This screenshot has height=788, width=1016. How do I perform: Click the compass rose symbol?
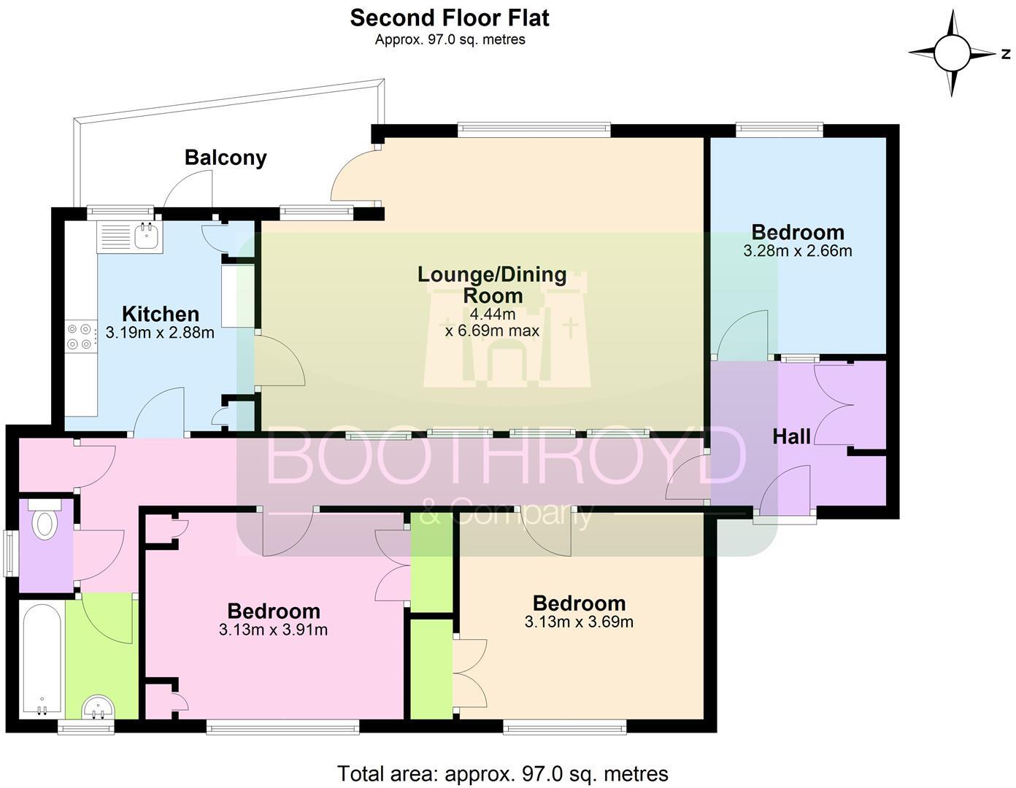pyautogui.click(x=952, y=53)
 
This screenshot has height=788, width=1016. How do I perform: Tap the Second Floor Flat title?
pyautogui.click(x=449, y=18)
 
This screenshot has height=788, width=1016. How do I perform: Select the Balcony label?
pyautogui.click(x=226, y=158)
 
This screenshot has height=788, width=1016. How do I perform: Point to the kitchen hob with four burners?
pyautogui.click(x=80, y=336)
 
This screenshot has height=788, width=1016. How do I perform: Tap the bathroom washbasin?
pyautogui.click(x=98, y=707)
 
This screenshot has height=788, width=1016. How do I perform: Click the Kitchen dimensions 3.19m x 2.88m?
pyautogui.click(x=160, y=333)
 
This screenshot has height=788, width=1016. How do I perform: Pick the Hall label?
pyautogui.click(x=791, y=436)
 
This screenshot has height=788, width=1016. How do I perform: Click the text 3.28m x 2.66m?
pyautogui.click(x=797, y=252)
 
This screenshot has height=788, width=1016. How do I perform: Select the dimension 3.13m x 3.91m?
pyautogui.click(x=273, y=630)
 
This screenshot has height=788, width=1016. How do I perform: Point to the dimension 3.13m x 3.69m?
pyautogui.click(x=579, y=622)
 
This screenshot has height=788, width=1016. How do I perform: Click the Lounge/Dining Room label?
pyautogui.click(x=492, y=285)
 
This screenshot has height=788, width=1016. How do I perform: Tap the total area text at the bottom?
pyautogui.click(x=502, y=773)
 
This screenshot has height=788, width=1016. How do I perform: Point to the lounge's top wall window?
pyautogui.click(x=534, y=130)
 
